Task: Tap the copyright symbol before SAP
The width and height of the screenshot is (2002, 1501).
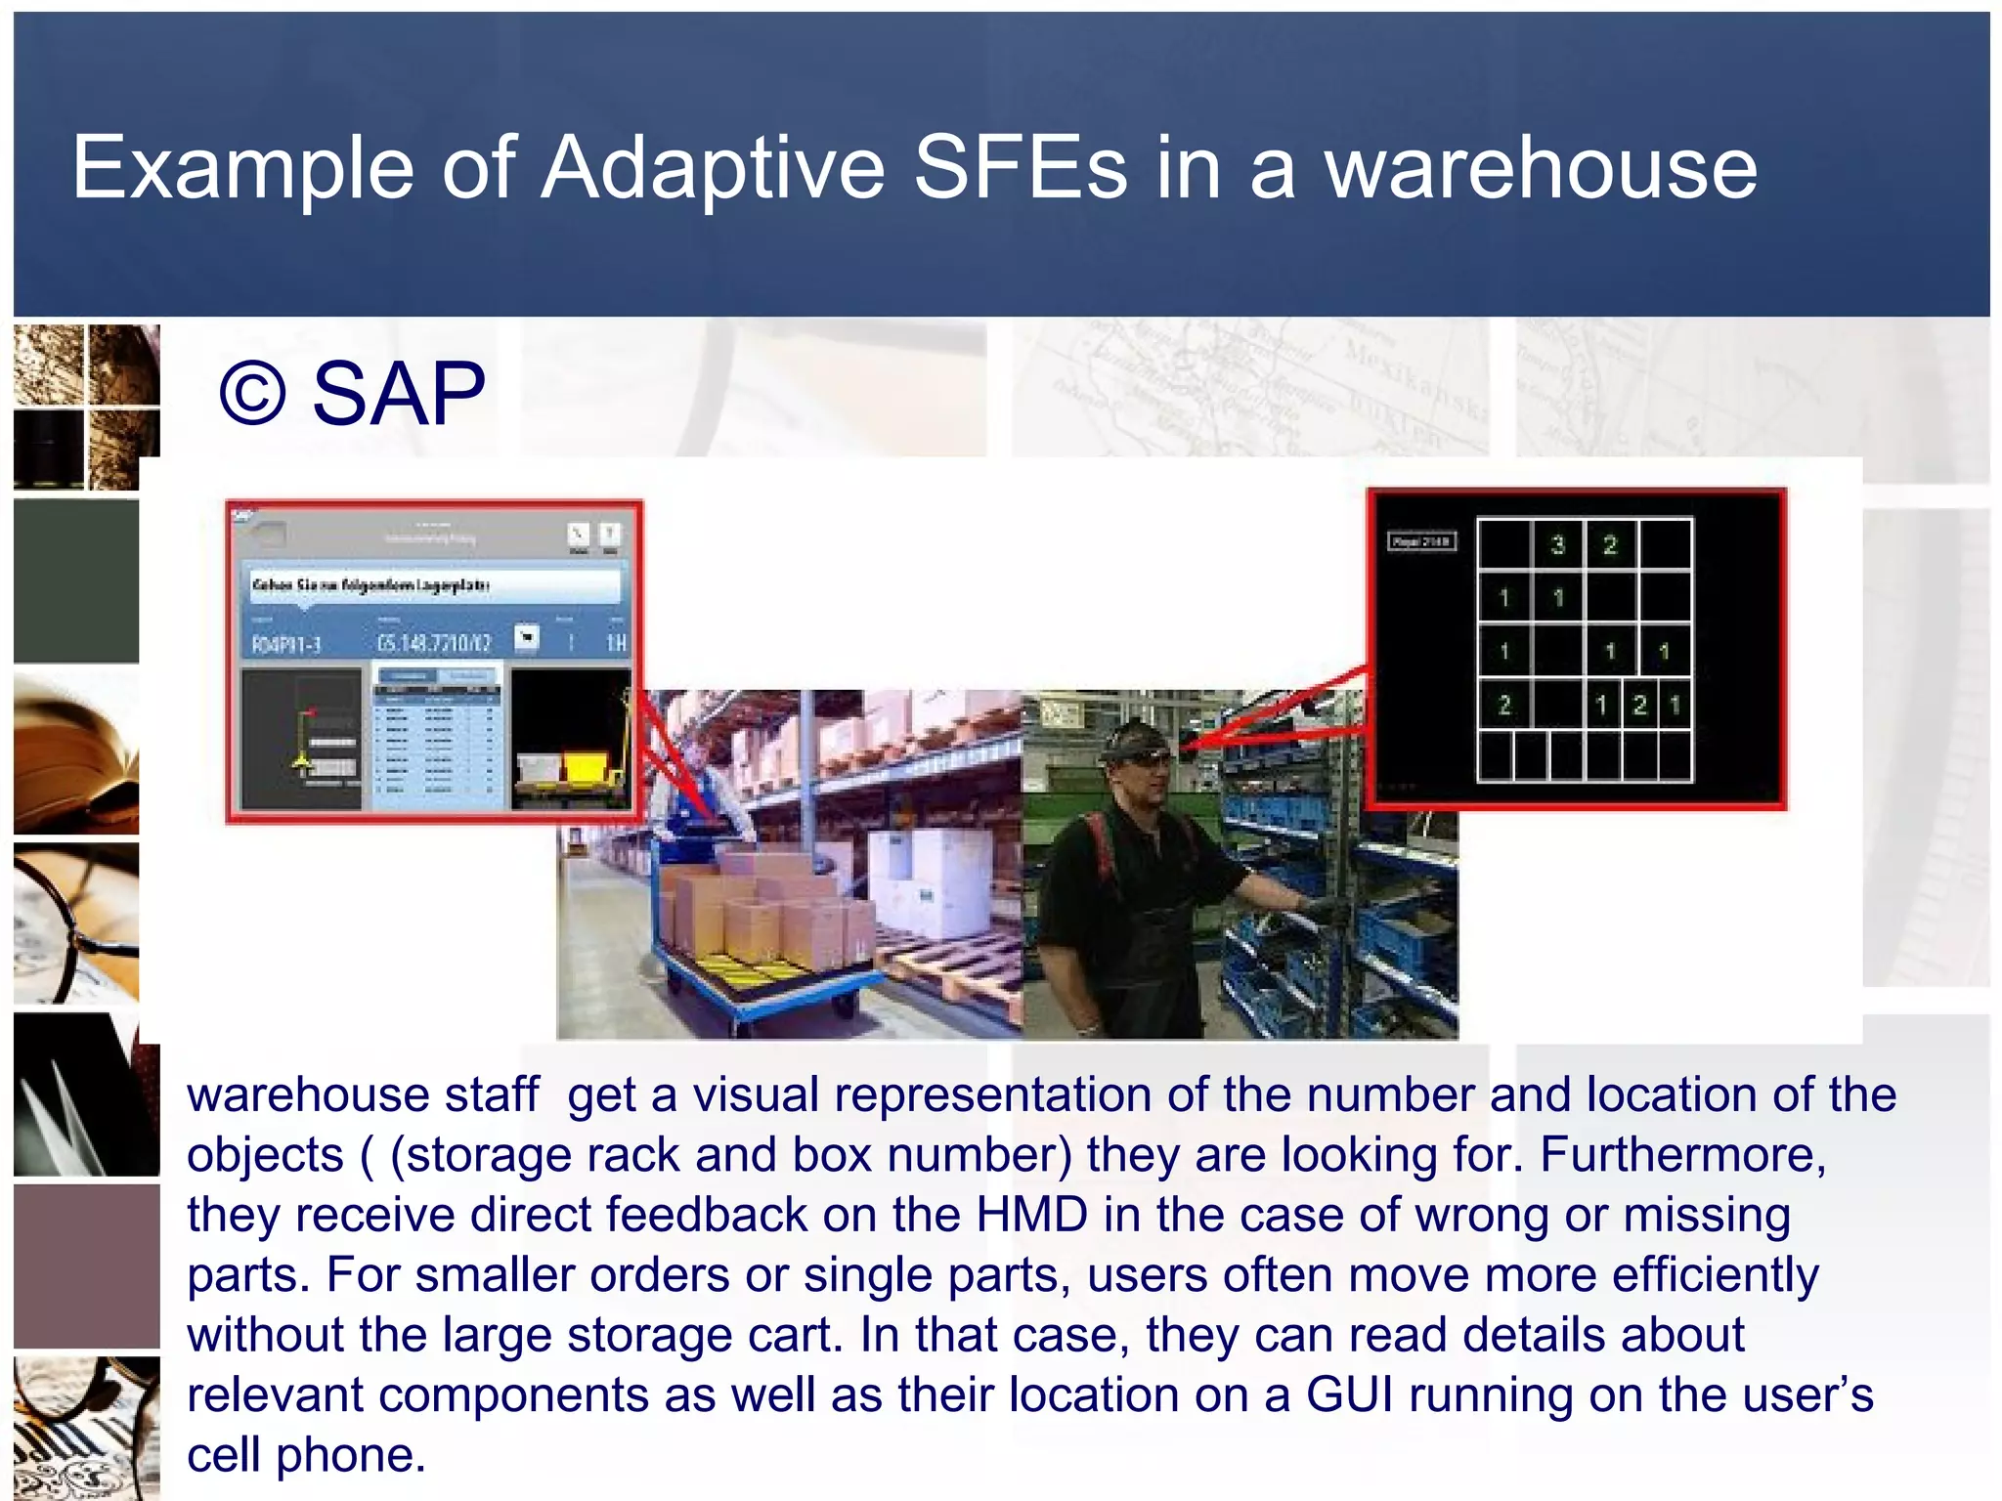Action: (252, 394)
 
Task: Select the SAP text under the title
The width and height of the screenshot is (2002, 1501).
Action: (398, 394)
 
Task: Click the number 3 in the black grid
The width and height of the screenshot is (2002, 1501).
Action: (1558, 544)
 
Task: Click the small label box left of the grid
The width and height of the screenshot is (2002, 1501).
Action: (1422, 541)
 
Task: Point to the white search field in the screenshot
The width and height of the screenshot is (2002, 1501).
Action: (434, 585)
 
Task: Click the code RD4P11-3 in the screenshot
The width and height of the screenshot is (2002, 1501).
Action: (286, 644)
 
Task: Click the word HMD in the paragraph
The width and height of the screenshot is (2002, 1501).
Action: (1031, 1215)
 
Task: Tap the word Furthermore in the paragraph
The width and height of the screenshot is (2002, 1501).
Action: (1681, 1155)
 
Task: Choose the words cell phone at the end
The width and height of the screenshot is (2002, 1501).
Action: (306, 1455)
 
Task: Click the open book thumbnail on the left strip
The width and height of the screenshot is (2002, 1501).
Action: (76, 752)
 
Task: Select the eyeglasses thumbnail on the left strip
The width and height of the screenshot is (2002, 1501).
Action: (76, 923)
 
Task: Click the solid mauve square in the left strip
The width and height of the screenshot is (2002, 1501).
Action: (86, 1266)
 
